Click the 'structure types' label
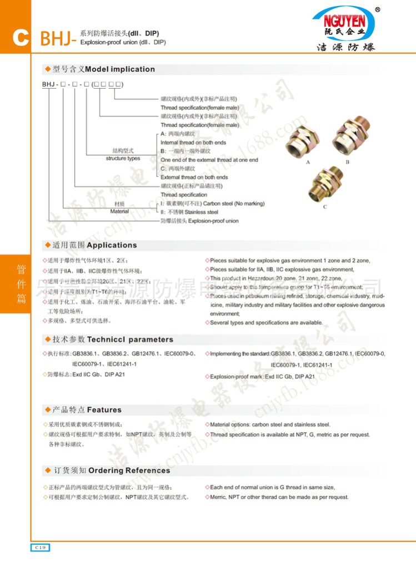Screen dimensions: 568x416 coord(123,159)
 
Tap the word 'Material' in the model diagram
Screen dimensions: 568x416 coord(119,211)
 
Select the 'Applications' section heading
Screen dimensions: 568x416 coord(112,245)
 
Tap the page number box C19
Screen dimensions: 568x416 coord(40,547)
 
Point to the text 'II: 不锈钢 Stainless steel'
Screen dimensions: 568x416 coord(189,212)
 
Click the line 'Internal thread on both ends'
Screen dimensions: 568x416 coord(193,143)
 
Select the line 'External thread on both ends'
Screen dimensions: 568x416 coord(194,177)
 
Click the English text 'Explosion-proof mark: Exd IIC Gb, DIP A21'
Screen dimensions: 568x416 coord(262,377)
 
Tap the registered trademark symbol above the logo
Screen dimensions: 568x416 coord(378,9)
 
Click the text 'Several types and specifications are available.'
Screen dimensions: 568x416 coord(266,323)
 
